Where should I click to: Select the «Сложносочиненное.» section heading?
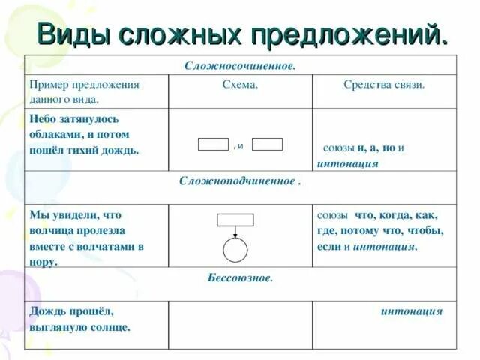[240, 65]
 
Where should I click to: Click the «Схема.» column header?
[241, 85]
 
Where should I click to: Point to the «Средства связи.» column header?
[384, 85]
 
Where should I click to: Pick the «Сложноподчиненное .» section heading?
[240, 182]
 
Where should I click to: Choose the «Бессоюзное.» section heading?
[240, 277]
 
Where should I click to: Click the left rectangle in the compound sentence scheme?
[213, 145]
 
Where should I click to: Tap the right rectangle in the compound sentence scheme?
[268, 145]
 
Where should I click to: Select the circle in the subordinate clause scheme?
[235, 250]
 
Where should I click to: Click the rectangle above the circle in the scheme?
[235, 220]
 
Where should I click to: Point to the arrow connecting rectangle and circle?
[235, 232]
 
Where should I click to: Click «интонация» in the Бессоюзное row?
[411, 311]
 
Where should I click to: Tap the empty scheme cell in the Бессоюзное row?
[240, 324]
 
